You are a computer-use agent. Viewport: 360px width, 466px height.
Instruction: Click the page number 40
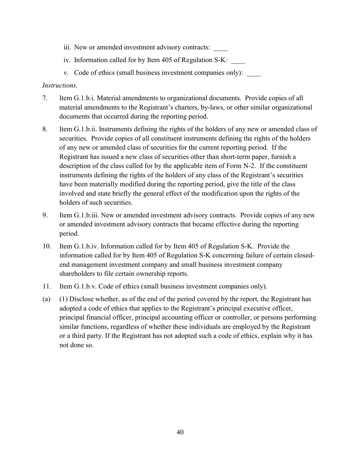[x=180, y=432]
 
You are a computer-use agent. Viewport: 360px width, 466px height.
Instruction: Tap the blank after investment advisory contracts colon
[x=221, y=48]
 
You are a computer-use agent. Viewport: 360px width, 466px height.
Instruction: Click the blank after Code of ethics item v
[x=254, y=73]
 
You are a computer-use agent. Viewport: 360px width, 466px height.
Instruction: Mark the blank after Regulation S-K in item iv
[x=238, y=61]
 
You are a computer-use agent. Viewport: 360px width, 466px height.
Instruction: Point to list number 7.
[x=45, y=99]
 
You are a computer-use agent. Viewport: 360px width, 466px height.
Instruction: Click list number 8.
[x=45, y=130]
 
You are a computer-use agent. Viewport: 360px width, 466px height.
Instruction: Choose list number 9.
[x=45, y=216]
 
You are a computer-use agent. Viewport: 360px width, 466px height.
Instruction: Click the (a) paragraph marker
[x=46, y=299]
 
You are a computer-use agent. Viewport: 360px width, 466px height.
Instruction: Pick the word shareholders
[x=77, y=274]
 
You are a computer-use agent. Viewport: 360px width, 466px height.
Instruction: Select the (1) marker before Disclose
[x=64, y=299]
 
